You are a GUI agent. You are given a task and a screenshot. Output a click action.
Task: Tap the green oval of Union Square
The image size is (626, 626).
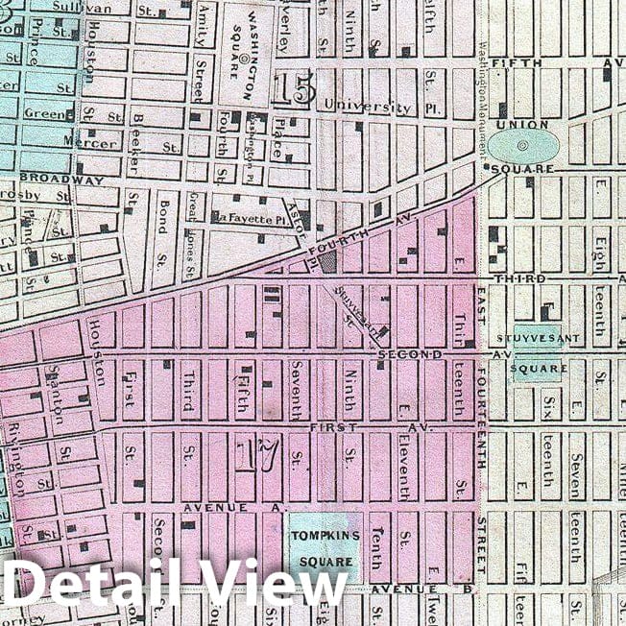tap(523, 147)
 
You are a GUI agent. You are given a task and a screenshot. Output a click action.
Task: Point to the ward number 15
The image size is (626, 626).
tap(292, 90)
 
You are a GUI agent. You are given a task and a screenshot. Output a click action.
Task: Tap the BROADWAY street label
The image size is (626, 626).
tap(60, 180)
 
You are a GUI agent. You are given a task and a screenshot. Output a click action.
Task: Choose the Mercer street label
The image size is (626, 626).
tap(94, 144)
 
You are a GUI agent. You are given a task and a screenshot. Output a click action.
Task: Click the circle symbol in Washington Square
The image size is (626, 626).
tap(243, 58)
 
